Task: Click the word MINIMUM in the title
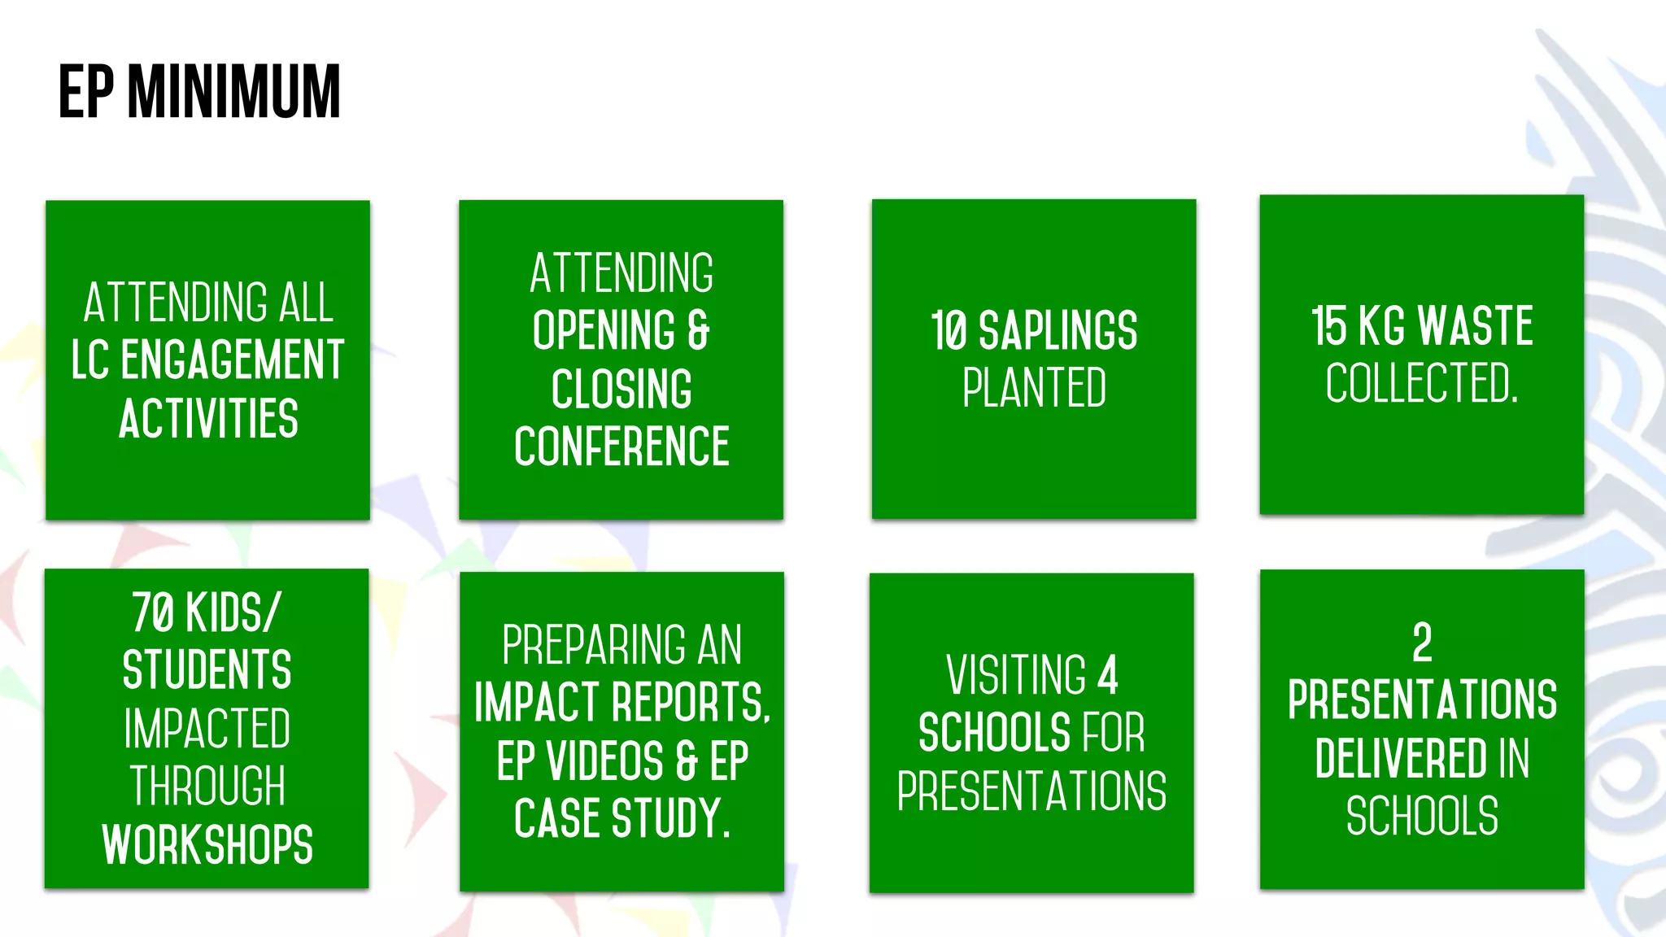coord(234,92)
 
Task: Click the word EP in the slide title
coord(85,92)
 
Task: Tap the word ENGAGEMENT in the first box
coord(233,360)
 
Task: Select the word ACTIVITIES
coord(208,418)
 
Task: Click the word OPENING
coord(604,330)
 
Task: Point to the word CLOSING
coord(621,389)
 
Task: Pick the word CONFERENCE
coord(621,447)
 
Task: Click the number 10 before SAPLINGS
coord(948,331)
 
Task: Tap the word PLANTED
coord(1034,388)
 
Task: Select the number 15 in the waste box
coord(1328,326)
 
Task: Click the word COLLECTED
coord(1420,383)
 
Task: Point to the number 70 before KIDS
coord(153,612)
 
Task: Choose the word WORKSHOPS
coord(207,844)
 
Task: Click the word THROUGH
coord(207,786)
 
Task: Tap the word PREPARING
coord(582,645)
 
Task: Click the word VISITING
coord(1016,675)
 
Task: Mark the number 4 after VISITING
coord(1108,675)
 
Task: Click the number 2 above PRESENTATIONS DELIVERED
coord(1422,643)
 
